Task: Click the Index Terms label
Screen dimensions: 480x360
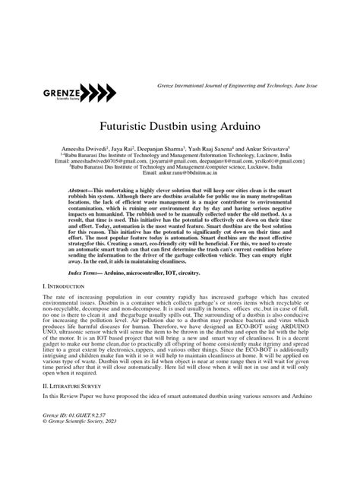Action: coord(90,271)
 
